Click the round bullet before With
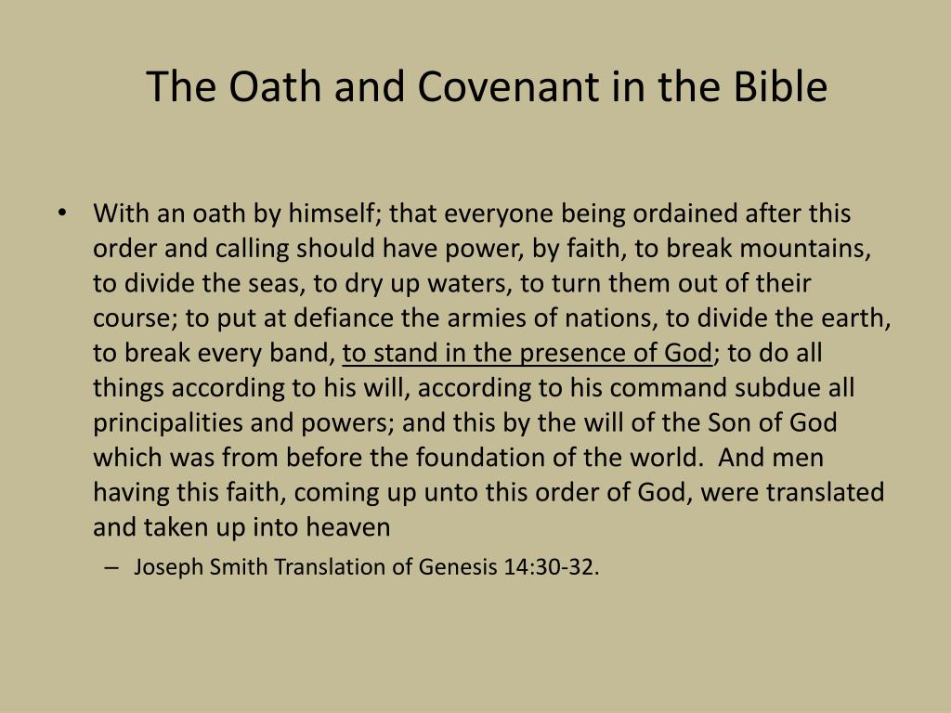pos(61,214)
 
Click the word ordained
pos(686,214)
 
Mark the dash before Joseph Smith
pos(112,567)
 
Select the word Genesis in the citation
pos(457,567)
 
